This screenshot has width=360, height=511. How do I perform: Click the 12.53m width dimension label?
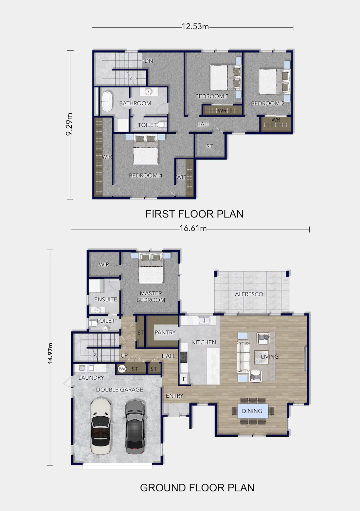[195, 27]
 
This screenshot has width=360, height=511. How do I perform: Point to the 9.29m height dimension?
[69, 124]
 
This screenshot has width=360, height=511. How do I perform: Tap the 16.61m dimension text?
[193, 228]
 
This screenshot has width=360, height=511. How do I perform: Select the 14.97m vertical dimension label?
[50, 353]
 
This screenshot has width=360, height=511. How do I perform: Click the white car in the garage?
[100, 426]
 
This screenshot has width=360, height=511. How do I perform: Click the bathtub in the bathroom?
[107, 102]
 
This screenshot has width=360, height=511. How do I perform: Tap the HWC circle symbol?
[122, 369]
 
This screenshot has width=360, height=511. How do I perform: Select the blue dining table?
[253, 411]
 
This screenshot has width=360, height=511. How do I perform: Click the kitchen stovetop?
[184, 357]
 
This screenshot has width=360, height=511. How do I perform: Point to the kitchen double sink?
[204, 320]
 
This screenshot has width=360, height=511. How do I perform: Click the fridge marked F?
[184, 379]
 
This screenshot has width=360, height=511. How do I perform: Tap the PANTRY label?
[165, 332]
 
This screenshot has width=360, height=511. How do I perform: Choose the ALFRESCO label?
[249, 294]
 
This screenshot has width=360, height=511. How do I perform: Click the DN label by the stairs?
[149, 61]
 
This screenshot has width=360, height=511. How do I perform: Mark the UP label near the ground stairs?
[124, 356]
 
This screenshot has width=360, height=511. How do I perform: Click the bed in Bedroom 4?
[146, 149]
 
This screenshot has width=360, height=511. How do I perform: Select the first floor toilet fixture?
[162, 125]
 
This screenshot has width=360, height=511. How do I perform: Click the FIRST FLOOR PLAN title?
[194, 214]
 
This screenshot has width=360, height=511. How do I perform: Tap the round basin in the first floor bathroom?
[149, 92]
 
